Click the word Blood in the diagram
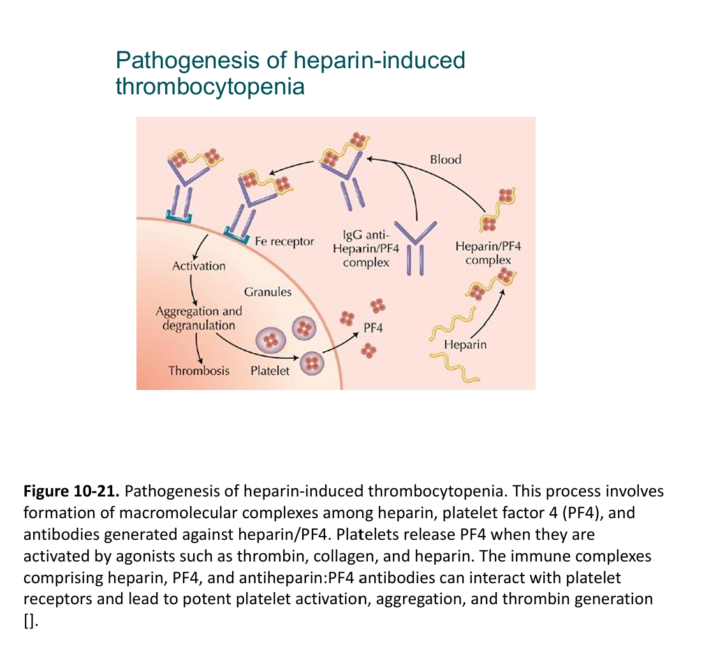click(x=445, y=159)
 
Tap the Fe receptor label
click(x=284, y=242)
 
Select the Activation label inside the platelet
click(x=199, y=266)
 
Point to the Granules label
click(x=268, y=292)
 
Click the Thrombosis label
click(x=199, y=370)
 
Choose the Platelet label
click(x=270, y=370)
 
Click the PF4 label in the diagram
click(x=373, y=328)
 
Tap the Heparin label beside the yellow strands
click(x=465, y=345)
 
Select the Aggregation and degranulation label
click(x=199, y=318)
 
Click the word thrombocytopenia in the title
click(x=210, y=86)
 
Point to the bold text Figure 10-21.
click(x=71, y=491)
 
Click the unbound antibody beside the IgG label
click(x=416, y=247)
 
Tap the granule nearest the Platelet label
click(x=312, y=364)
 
